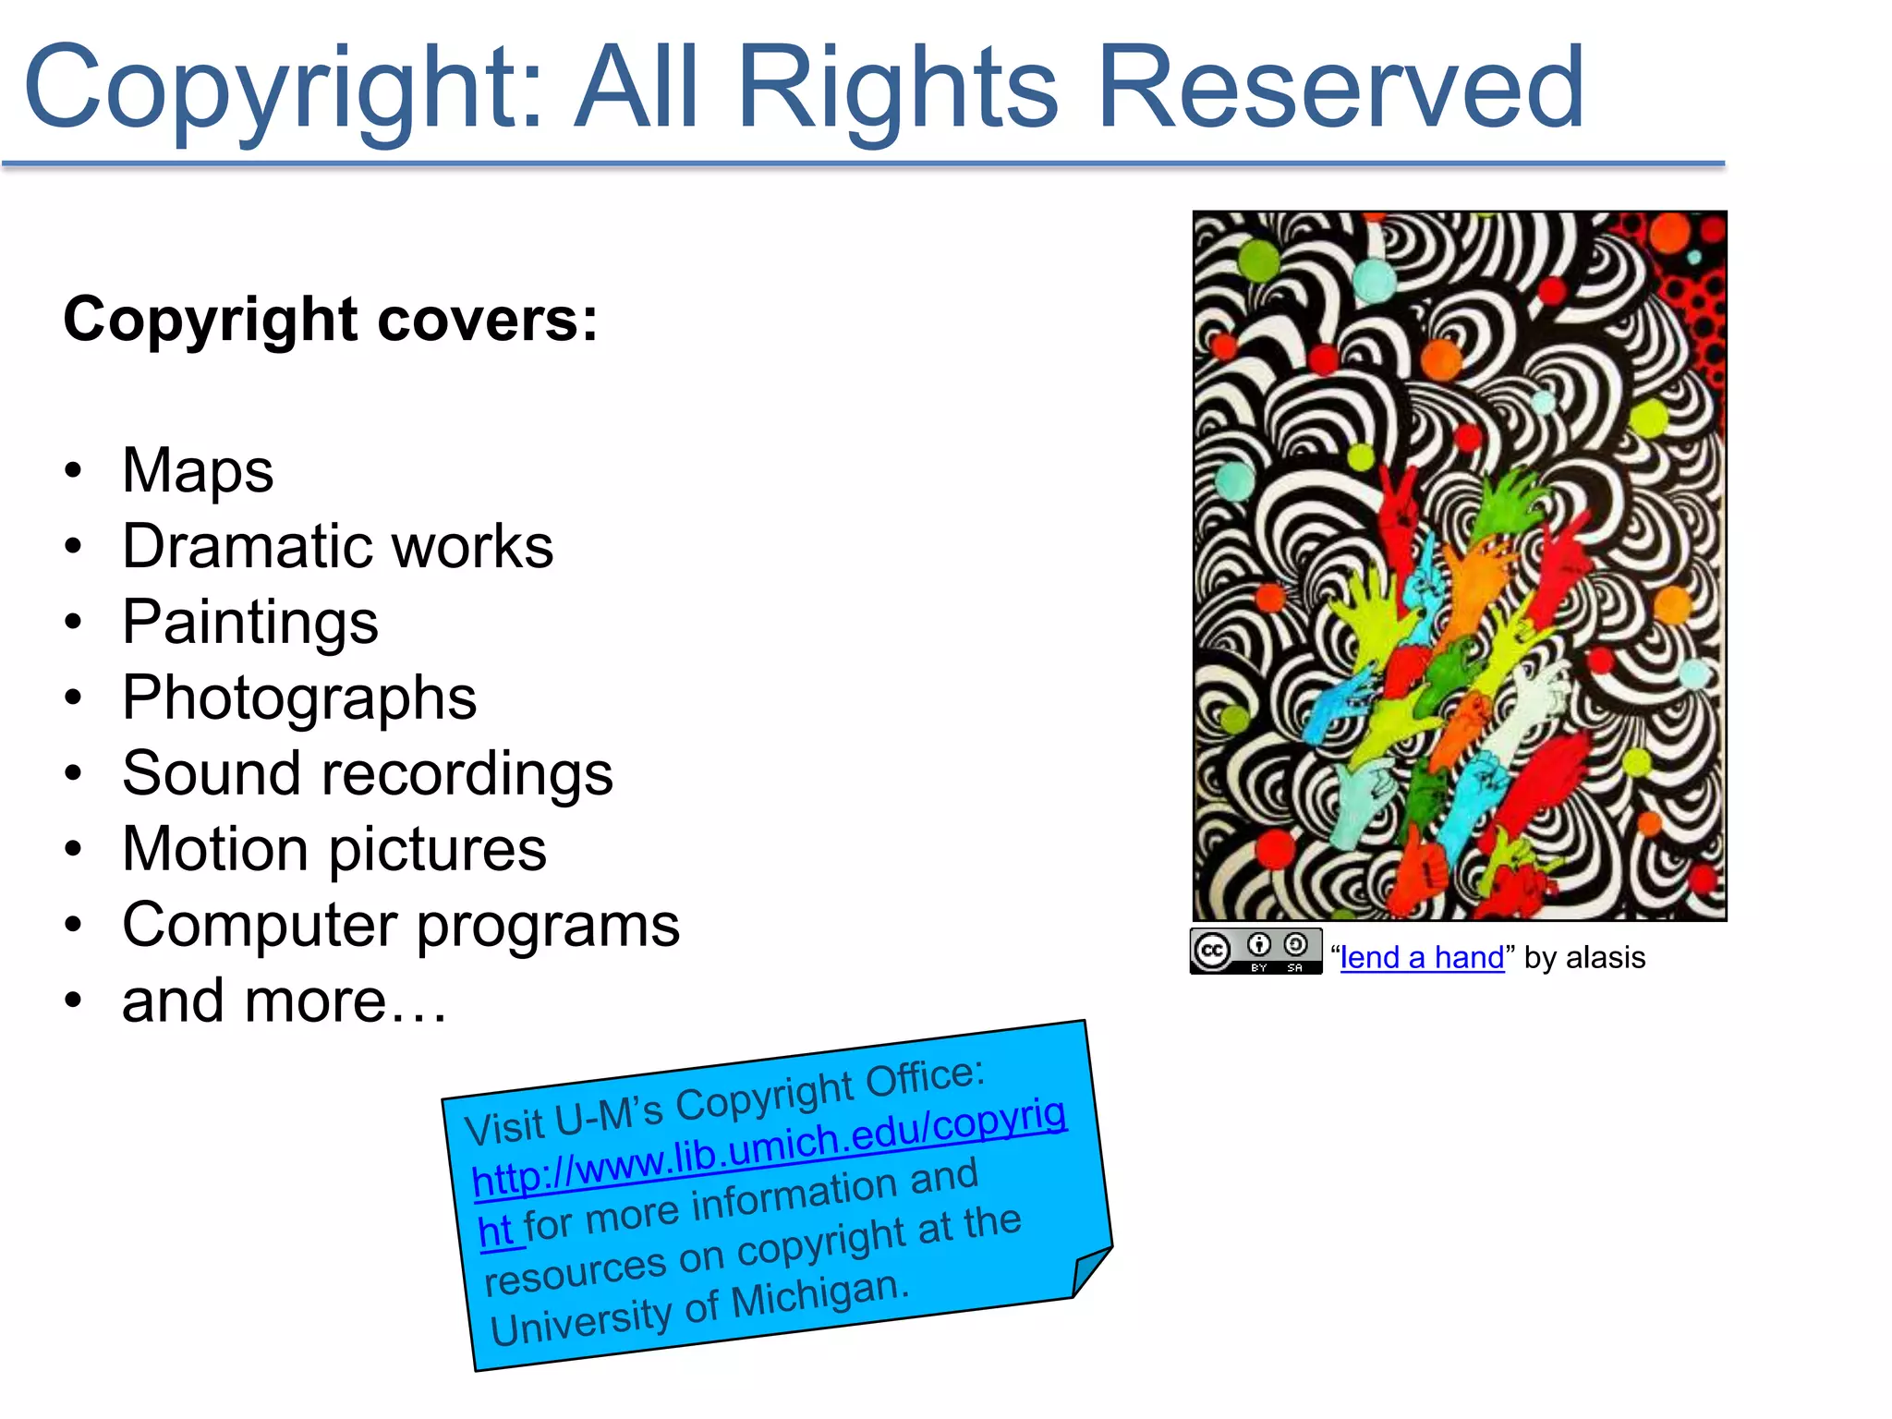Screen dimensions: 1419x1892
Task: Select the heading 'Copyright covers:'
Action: (x=331, y=320)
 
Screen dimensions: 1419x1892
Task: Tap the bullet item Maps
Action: (x=198, y=470)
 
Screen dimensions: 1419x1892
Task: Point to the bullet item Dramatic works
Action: (x=337, y=546)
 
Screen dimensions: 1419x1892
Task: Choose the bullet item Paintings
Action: (x=249, y=622)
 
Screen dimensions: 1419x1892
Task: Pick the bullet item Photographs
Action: (x=299, y=697)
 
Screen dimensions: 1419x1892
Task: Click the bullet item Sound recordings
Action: (x=368, y=773)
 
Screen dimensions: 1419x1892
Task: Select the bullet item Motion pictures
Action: (x=334, y=849)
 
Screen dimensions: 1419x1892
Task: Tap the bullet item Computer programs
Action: (x=401, y=925)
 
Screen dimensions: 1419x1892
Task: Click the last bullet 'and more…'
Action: (x=285, y=1001)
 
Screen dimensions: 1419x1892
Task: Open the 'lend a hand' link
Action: (x=1422, y=958)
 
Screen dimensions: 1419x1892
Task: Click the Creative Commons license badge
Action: (x=1255, y=952)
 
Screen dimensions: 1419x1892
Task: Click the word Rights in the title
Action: (x=896, y=91)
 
